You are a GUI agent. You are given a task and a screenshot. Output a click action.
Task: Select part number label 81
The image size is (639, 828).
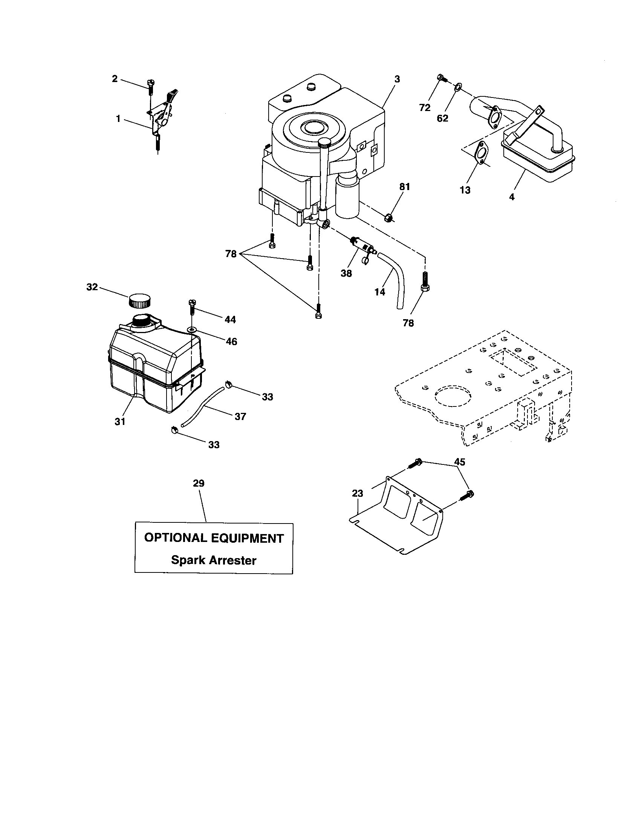[405, 187]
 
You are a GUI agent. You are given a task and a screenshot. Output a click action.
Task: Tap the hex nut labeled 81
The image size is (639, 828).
[388, 218]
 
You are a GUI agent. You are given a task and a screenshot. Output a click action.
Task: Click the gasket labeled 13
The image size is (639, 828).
[482, 153]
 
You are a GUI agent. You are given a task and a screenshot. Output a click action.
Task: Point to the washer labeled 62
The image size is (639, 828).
[458, 88]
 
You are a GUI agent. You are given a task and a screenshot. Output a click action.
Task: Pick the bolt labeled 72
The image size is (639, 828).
[441, 78]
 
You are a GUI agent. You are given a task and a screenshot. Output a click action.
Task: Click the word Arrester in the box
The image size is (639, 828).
[234, 560]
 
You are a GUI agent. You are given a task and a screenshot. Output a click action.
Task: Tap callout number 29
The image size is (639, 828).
[199, 483]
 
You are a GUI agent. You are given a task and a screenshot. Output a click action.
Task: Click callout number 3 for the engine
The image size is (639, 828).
[397, 79]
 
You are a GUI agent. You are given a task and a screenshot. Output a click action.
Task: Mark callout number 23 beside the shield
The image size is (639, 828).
[358, 493]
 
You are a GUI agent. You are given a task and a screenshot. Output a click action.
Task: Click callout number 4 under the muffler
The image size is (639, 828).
[512, 197]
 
